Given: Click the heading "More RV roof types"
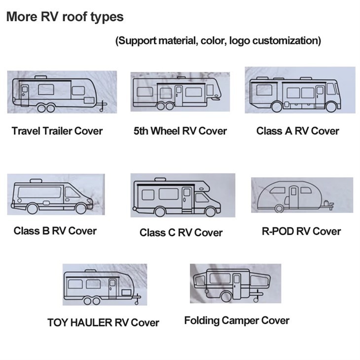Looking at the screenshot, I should coord(65,17).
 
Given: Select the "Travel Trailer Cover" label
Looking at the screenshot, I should coord(57,131).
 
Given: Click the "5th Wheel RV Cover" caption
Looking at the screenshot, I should coord(180,131).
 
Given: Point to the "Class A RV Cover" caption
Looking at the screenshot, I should coord(298,131).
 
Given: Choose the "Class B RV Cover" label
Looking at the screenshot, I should coord(55,230).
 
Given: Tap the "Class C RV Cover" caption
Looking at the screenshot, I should coord(181,232).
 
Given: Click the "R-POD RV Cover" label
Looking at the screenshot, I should coord(301,231).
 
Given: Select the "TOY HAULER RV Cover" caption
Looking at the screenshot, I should coord(103,323).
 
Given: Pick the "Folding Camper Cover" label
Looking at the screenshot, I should coord(237,321).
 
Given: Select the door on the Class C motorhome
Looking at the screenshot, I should coord(186,198).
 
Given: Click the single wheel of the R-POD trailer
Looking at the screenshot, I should coord(279,208).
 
